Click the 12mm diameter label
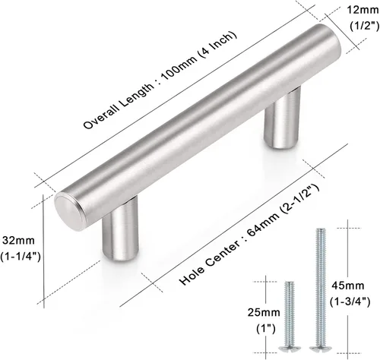[363, 11]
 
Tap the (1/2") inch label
[364, 26]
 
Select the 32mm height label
[18, 241]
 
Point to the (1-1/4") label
[21, 257]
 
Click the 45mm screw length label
[348, 286]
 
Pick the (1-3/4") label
[350, 302]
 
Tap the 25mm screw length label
[264, 312]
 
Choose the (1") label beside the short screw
[266, 329]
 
